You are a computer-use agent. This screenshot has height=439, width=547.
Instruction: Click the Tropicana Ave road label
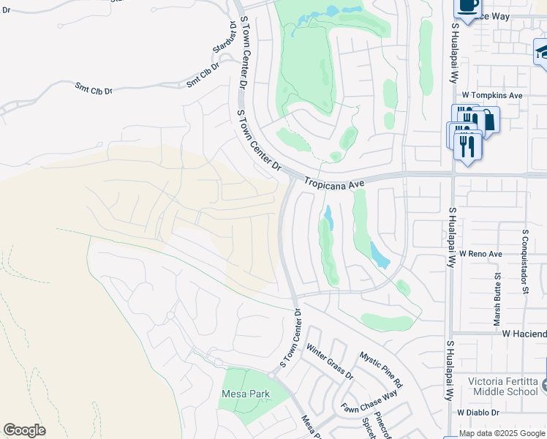point(334,184)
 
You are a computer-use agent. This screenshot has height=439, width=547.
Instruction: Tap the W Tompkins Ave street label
point(492,95)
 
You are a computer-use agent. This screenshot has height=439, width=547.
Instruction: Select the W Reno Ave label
point(480,253)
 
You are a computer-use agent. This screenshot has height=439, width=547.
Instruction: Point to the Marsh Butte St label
point(497,299)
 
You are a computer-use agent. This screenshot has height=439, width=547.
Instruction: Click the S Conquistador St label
point(525,260)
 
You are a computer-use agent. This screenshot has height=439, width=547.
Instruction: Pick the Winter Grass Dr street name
point(329,362)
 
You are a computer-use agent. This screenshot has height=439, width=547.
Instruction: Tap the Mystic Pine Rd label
point(380,369)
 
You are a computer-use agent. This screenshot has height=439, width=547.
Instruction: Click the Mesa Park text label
point(245,394)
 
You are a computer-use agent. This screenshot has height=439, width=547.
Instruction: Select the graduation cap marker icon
point(542,51)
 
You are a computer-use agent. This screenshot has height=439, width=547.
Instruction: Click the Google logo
point(24,430)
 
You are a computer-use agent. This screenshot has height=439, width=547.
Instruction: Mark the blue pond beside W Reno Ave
point(379,255)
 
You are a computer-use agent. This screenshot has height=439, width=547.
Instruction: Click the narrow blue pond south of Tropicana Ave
point(328,217)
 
